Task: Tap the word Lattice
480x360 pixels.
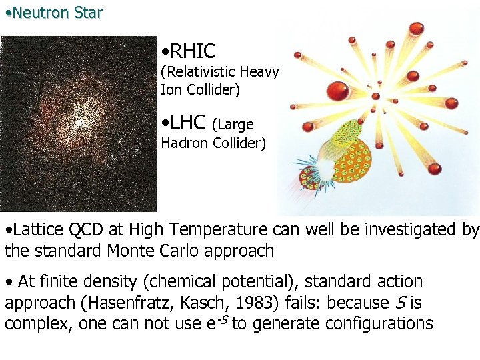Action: (36, 230)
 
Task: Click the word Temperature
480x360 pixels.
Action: (219, 230)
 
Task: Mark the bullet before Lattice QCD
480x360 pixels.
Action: (7, 231)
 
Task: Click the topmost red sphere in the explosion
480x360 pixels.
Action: (416, 28)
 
